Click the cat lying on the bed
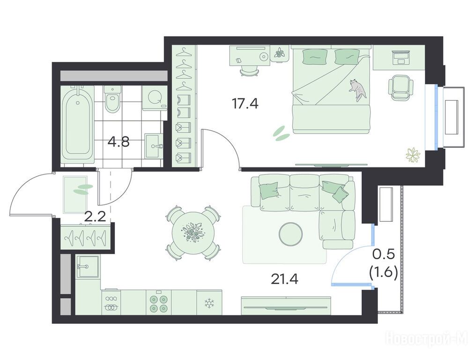358,90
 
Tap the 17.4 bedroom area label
245,104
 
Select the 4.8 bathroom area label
119,141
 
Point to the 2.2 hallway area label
95,217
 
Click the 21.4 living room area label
284,279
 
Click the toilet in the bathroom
112,98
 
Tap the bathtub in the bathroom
77,125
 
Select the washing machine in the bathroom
155,97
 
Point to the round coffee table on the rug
291,234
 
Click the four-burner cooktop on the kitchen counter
159,303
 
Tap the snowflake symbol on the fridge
209,303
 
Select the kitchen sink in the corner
87,266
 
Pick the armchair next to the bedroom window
399,87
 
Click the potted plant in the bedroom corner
413,156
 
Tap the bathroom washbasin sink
154,146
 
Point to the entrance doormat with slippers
75,195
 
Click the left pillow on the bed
315,56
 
